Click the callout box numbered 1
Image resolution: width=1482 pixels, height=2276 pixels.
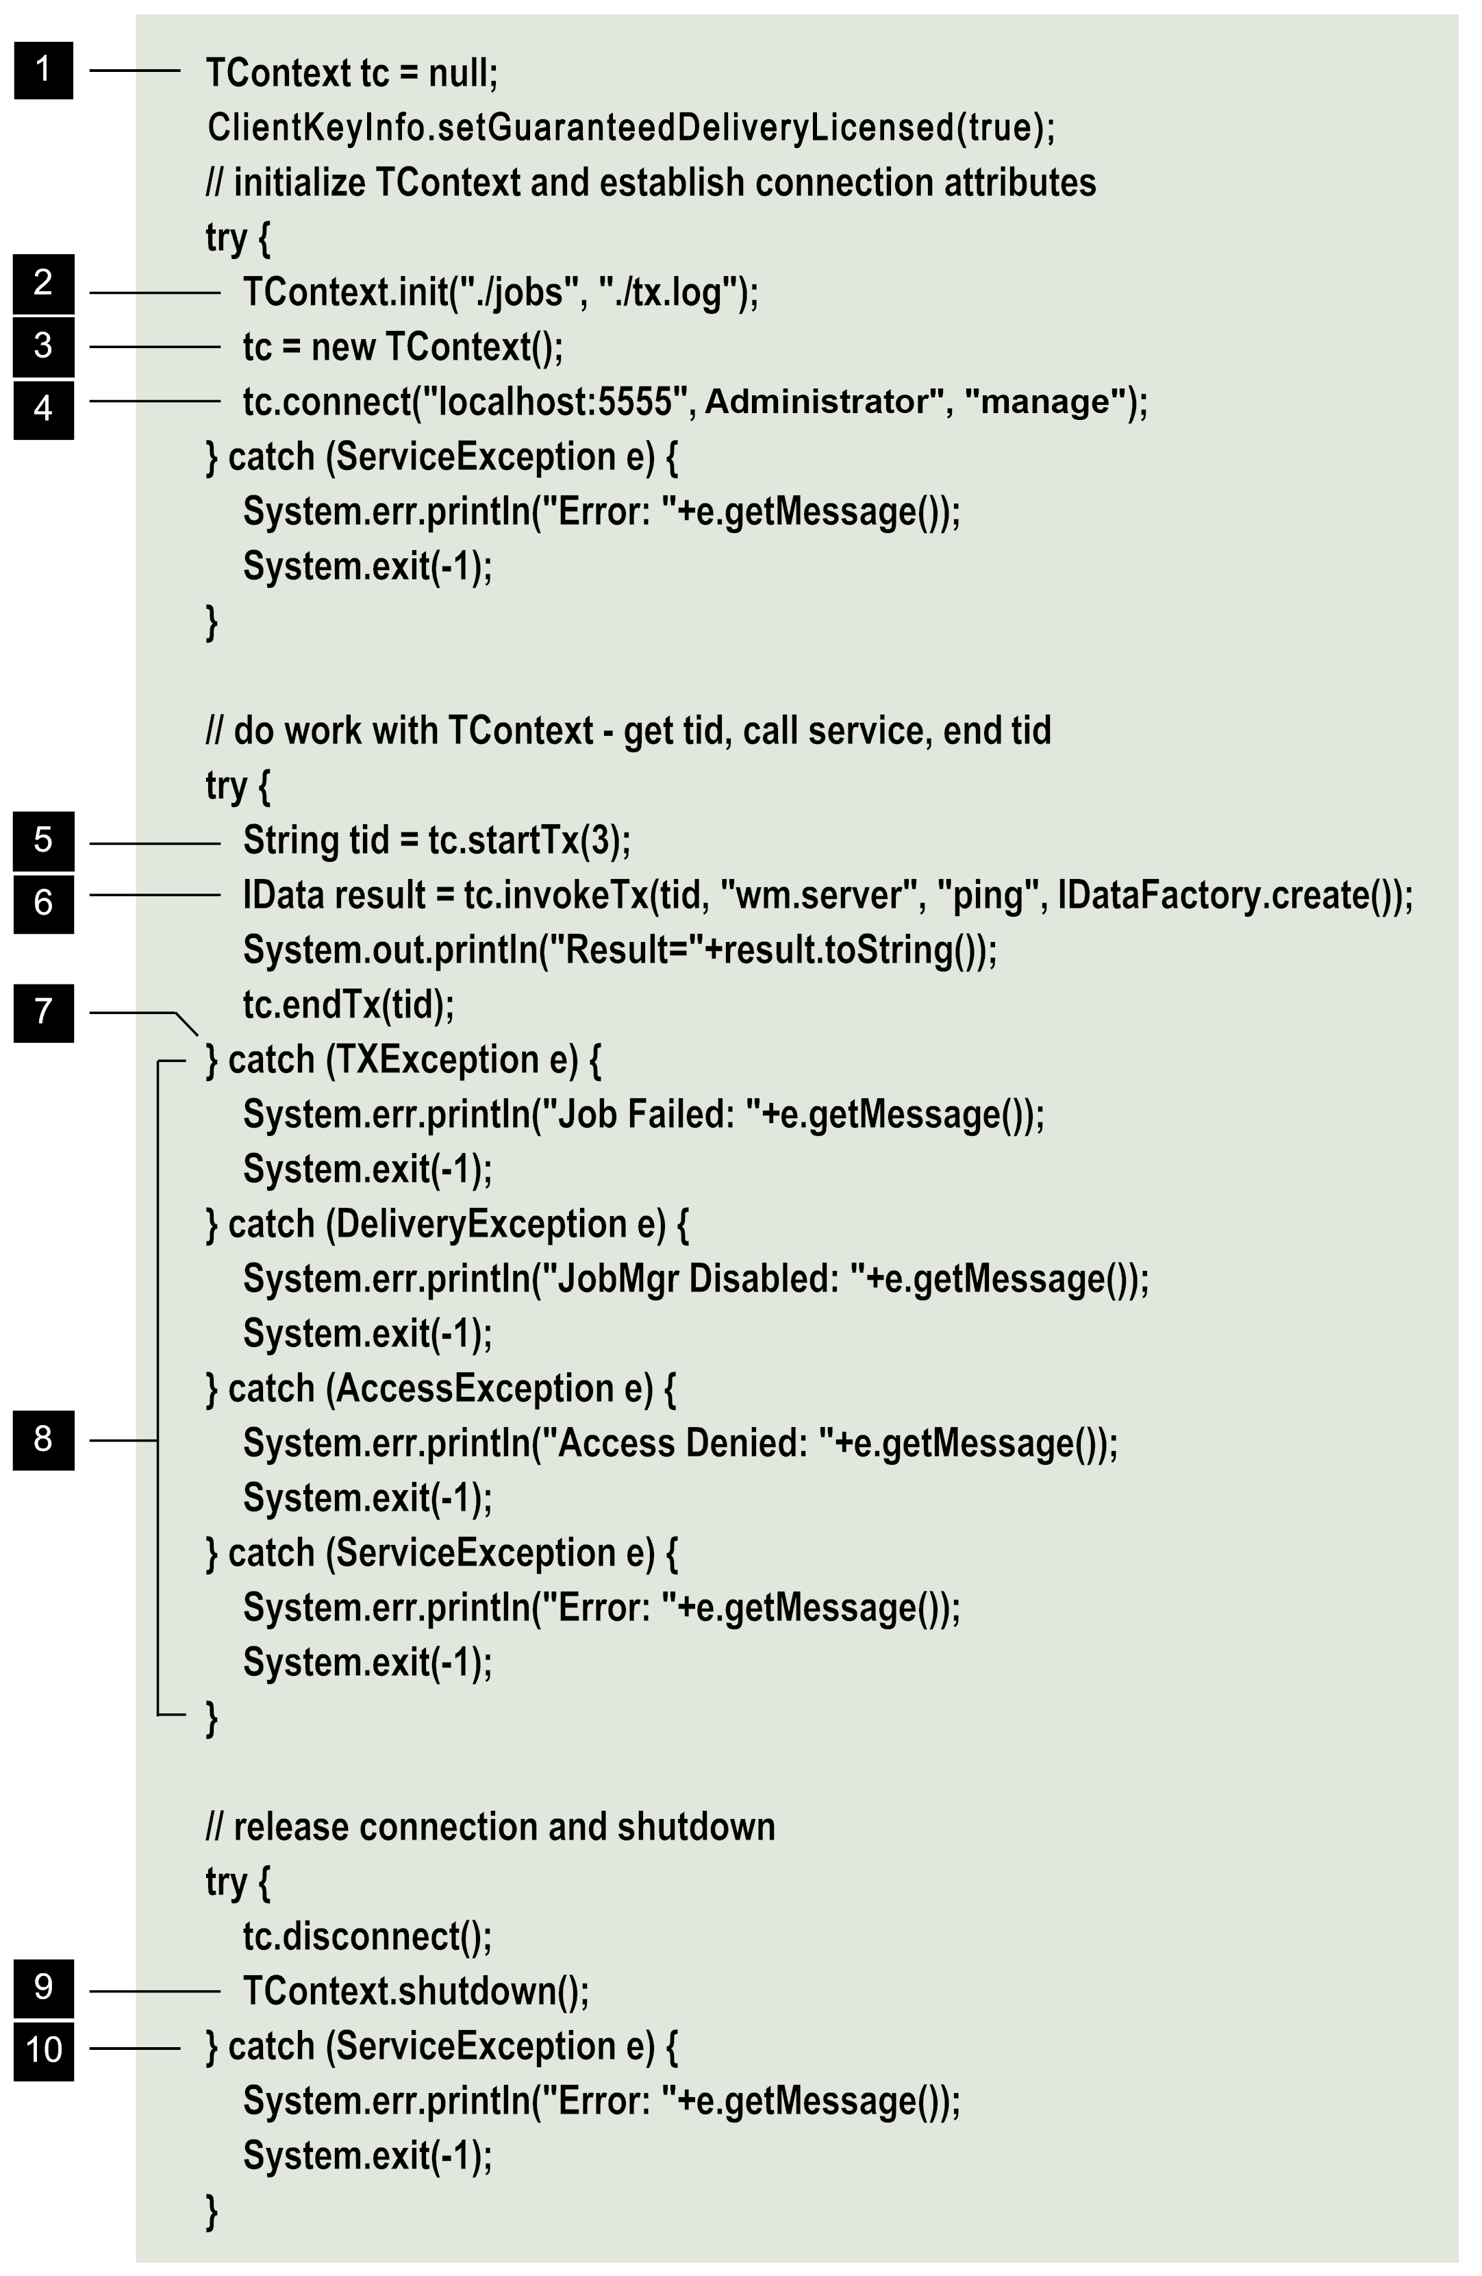[43, 70]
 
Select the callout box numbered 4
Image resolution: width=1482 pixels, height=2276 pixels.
[43, 409]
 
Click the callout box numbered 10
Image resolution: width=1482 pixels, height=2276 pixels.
[43, 2049]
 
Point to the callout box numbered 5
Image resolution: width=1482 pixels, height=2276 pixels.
[43, 841]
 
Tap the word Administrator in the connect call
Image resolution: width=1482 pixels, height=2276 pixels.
[818, 401]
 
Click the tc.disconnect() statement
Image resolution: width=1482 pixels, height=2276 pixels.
[367, 1936]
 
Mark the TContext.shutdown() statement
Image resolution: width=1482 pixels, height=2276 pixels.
[416, 1991]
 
